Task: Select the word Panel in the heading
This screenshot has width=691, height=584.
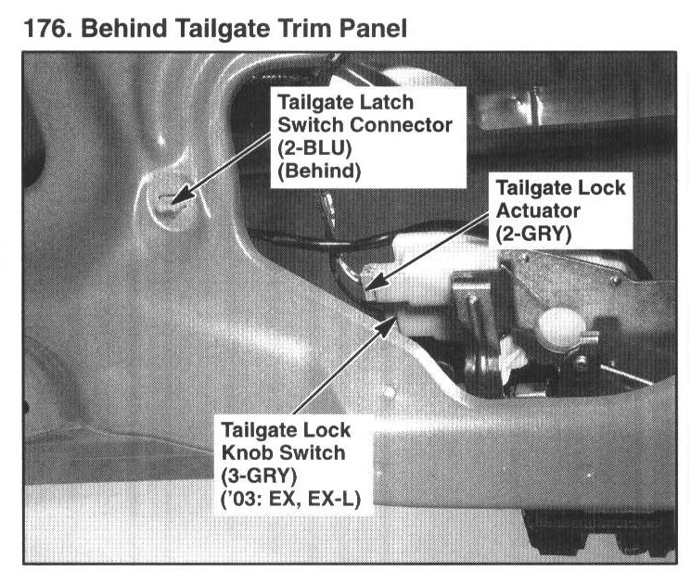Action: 373,29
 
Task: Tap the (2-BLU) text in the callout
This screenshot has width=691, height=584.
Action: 314,148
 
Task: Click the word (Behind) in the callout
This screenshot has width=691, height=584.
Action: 319,171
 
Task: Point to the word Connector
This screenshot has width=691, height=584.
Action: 402,125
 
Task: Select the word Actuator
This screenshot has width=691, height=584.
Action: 538,210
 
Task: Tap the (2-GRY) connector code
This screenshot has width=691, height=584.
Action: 533,234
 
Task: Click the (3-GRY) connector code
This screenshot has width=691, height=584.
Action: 259,476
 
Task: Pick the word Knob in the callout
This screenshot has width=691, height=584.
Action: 246,452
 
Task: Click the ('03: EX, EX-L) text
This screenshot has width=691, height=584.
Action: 291,500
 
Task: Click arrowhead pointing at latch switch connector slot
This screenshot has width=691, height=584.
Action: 181,197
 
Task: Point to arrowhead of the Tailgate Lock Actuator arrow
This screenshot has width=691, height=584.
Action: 375,282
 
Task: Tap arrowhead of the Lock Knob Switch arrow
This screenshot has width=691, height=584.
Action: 387,325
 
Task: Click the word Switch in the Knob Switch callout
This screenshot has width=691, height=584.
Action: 311,452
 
